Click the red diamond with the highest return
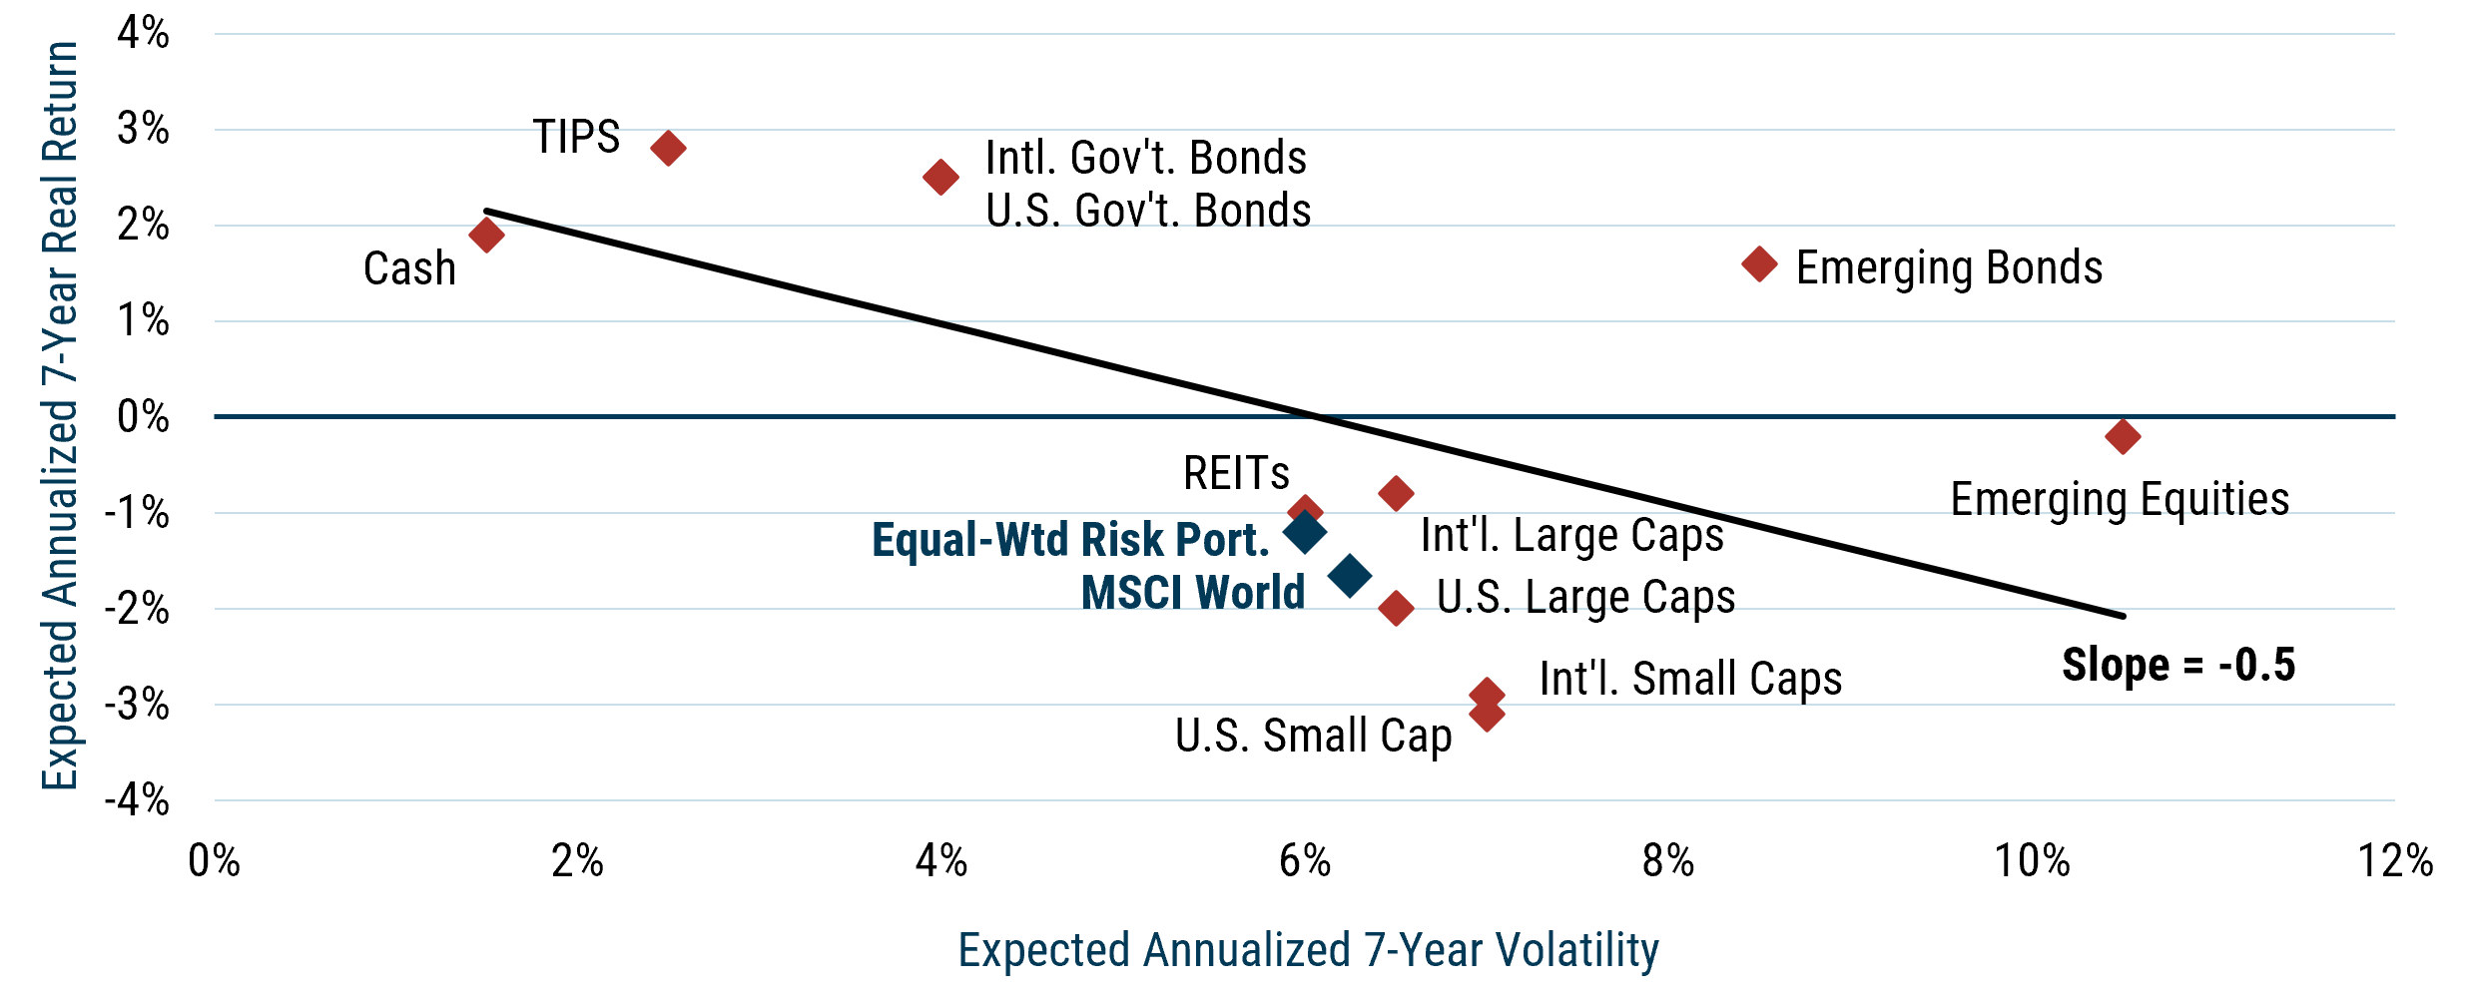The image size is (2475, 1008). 668,149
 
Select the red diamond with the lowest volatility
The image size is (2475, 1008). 486,236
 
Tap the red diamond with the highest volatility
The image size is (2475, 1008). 2123,437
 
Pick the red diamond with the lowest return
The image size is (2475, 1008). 1487,715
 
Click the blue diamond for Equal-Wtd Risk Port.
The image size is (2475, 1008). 1304,533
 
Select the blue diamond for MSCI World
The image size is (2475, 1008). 1350,576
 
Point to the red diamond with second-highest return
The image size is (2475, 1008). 940,178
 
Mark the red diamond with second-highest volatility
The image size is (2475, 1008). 1759,264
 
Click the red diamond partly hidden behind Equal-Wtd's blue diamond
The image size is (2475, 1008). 1304,508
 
